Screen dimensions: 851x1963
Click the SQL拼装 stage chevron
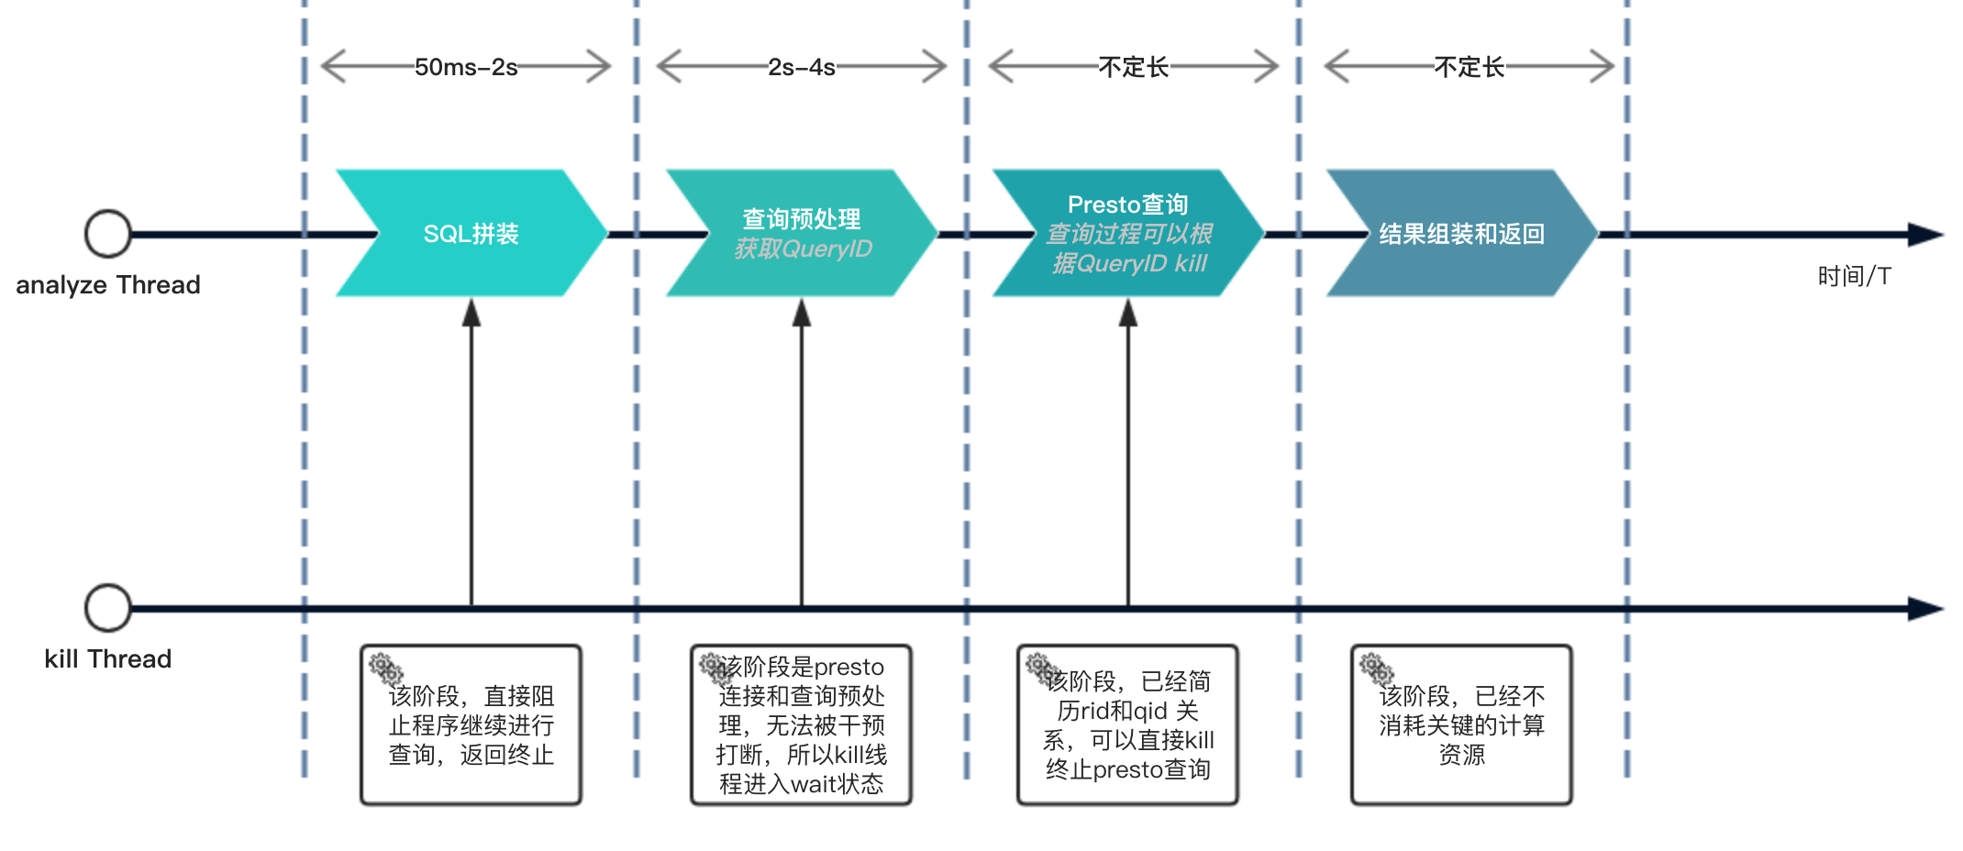pyautogui.click(x=471, y=233)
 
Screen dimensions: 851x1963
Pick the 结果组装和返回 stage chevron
pyautogui.click(x=1461, y=234)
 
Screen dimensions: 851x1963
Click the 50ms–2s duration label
pyautogui.click(x=466, y=67)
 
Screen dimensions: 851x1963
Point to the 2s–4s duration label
pyautogui.click(x=802, y=67)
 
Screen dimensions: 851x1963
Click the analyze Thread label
pyautogui.click(x=108, y=285)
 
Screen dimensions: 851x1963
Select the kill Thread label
pyautogui.click(x=108, y=659)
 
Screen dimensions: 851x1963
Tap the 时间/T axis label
pyautogui.click(x=1854, y=276)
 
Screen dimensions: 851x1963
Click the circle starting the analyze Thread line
pyautogui.click(x=108, y=234)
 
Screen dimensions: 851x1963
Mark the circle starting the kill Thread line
pyautogui.click(x=108, y=608)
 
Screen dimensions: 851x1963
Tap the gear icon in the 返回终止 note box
pyautogui.click(x=385, y=668)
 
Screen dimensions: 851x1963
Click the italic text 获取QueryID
pyautogui.click(x=803, y=249)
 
